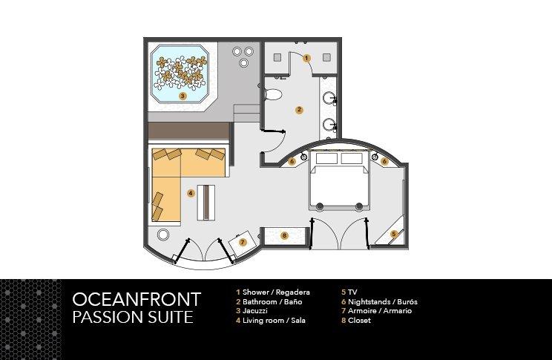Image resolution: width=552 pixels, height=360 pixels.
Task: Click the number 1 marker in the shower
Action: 306,57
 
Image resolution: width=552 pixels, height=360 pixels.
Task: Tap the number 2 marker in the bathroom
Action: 298,110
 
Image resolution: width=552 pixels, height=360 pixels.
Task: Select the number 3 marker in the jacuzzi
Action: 182,96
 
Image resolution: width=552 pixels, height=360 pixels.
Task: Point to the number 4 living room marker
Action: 191,193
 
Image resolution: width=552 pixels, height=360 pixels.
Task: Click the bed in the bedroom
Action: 339,182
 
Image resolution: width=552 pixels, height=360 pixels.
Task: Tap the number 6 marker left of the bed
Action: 293,160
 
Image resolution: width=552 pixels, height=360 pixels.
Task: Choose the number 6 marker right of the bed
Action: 384,160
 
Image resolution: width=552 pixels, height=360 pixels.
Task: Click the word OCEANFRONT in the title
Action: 137,300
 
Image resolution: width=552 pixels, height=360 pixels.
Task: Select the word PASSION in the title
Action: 105,318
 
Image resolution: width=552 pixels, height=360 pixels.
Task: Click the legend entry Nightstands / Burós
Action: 381,302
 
